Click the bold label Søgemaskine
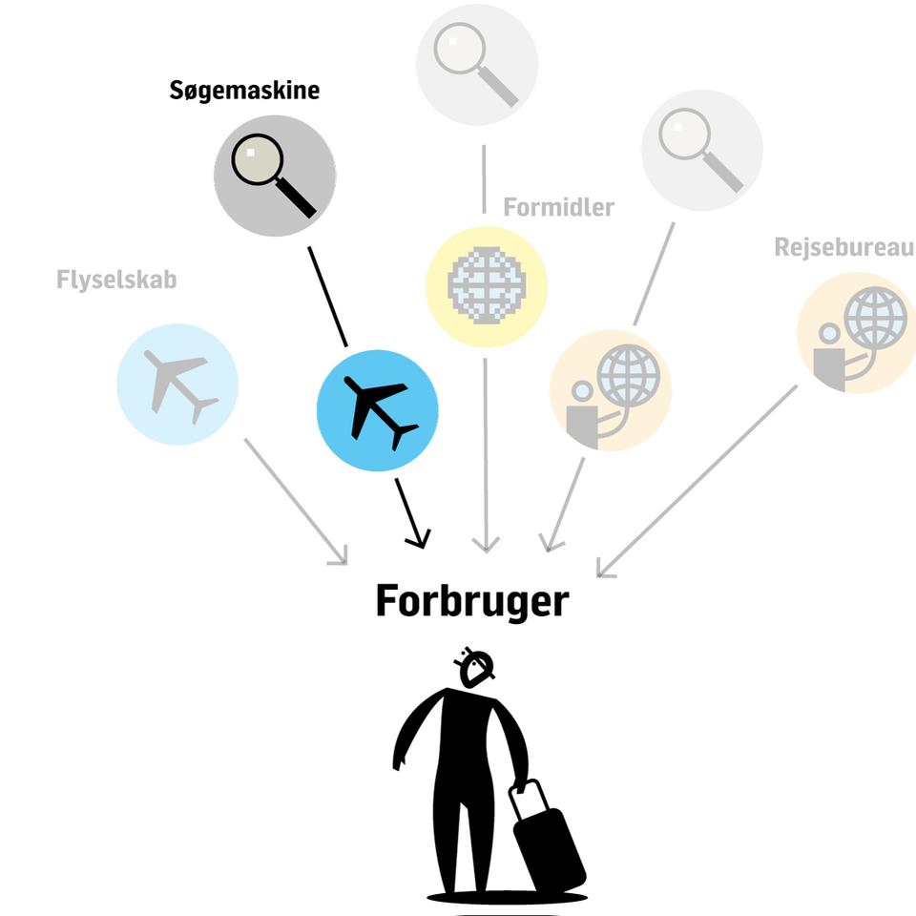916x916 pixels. point(244,91)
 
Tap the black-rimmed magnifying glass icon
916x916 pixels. point(274,176)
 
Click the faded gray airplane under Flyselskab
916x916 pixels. point(180,385)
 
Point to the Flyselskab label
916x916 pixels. point(116,280)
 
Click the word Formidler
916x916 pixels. point(558,207)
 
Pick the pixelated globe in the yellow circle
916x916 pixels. point(487,285)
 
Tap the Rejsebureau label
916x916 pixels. point(844,247)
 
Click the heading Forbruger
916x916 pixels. point(472,600)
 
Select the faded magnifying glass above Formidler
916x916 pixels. point(475,64)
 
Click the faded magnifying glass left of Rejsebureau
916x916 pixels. point(701,150)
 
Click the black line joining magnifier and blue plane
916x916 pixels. point(327,297)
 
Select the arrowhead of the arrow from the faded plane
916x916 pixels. point(340,557)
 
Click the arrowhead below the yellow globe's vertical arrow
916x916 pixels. point(486,545)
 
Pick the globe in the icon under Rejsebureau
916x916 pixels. point(875,319)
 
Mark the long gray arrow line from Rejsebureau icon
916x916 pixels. point(697,480)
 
